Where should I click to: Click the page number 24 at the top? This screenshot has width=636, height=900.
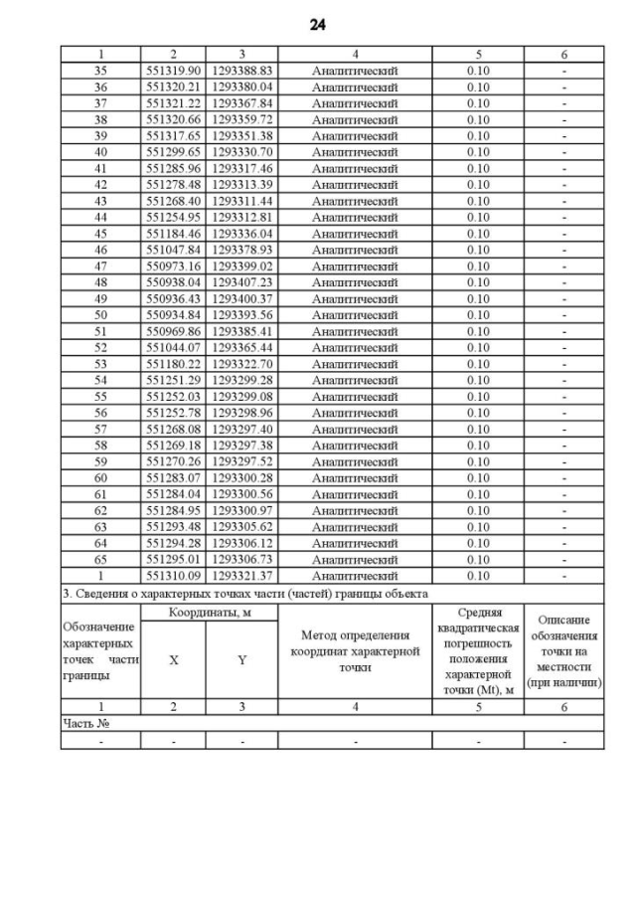click(318, 24)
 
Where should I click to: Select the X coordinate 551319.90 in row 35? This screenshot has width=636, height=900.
click(173, 71)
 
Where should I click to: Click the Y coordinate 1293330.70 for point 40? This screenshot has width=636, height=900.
click(241, 152)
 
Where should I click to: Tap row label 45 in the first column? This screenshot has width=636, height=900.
click(100, 234)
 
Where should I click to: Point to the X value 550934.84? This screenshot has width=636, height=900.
click(173, 315)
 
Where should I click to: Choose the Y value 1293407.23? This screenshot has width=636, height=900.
click(241, 282)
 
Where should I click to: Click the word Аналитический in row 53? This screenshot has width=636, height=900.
click(355, 364)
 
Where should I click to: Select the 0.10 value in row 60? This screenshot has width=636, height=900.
click(478, 478)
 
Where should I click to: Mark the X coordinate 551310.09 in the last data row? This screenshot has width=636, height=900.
click(173, 576)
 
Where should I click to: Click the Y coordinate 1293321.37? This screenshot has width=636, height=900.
click(241, 576)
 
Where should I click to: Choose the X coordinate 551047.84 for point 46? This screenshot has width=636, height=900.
click(173, 250)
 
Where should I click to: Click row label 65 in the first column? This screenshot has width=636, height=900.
click(100, 560)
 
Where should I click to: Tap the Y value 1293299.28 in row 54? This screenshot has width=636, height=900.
click(241, 380)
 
